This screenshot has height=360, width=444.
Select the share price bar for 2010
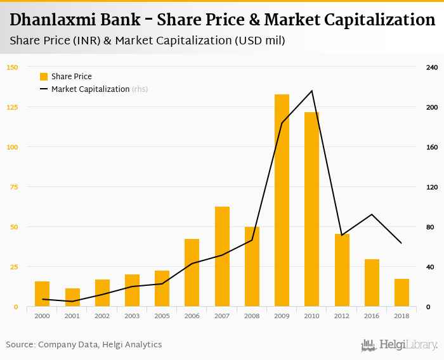[311, 209]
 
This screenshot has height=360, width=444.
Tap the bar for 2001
[72, 297]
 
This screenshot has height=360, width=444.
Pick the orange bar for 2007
[222, 257]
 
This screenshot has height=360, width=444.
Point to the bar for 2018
[402, 293]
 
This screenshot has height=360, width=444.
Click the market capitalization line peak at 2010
[312, 91]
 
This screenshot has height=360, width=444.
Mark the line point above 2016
[372, 214]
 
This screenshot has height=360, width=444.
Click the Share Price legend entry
[67, 77]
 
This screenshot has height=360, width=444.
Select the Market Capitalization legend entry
[90, 89]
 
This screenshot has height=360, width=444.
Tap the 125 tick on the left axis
[13, 107]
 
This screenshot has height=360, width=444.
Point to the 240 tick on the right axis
[431, 67]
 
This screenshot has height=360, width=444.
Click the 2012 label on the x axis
[342, 316]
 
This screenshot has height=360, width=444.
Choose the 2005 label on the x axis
[162, 316]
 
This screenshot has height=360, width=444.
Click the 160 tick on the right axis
[431, 147]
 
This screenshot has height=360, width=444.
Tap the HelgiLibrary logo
[400, 345]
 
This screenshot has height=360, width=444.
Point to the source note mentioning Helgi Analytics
[84, 345]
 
